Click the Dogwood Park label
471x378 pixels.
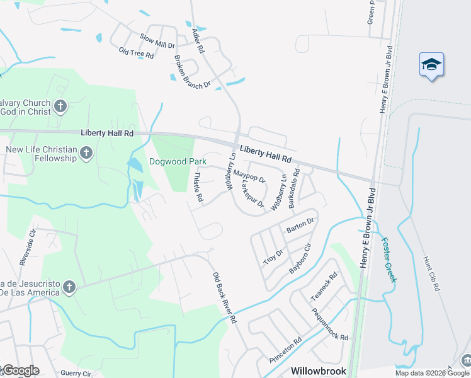(x=178, y=162)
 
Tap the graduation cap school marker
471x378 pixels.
(x=432, y=64)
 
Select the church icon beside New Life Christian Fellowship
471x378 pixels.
(x=86, y=153)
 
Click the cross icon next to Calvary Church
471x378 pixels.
(x=60, y=106)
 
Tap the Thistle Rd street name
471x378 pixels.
(x=199, y=187)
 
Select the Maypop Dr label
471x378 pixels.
(x=249, y=175)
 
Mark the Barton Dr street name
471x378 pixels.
(x=300, y=225)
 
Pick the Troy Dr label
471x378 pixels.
(x=274, y=257)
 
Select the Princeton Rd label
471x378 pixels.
(x=285, y=350)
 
